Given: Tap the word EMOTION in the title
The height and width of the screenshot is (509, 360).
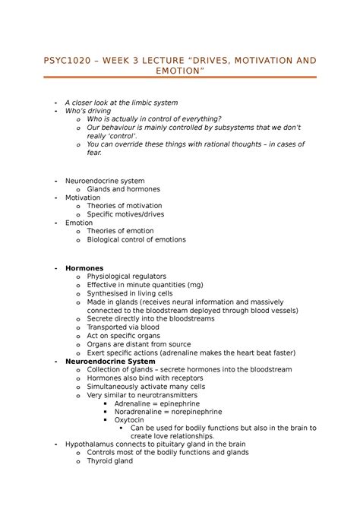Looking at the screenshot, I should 180,71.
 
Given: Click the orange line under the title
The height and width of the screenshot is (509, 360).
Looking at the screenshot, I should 180,77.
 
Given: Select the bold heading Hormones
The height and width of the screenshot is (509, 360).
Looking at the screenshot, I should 85,268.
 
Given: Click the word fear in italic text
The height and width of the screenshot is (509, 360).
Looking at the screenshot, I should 95,152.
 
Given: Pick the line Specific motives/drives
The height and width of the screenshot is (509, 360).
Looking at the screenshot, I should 125,214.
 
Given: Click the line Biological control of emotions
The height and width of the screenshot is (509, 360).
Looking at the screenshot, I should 136,239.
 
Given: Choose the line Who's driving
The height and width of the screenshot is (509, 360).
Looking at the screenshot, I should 89,111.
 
